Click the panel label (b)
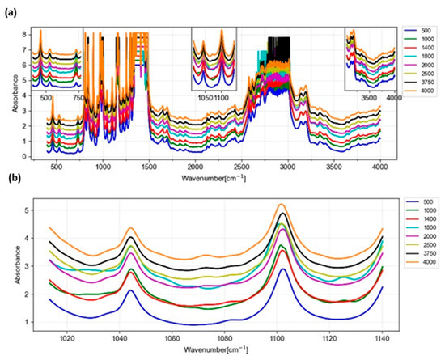[11, 188]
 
